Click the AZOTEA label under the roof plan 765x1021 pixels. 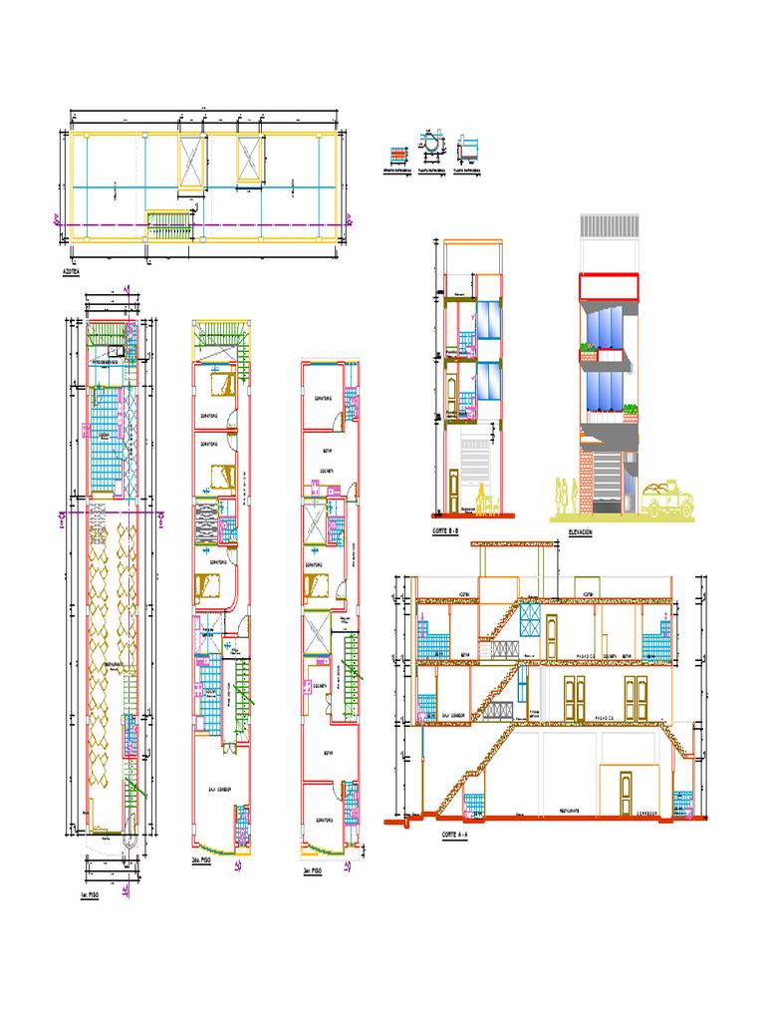(72, 270)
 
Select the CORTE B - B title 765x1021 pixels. (444, 532)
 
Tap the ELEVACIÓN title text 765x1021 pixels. (580, 533)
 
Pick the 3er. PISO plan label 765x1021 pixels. (313, 870)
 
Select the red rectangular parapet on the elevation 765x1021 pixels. (608, 286)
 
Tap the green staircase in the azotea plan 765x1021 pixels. (170, 223)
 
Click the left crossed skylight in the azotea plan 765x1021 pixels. (190, 160)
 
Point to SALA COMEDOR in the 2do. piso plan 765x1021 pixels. (219, 788)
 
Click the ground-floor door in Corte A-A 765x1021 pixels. (625, 793)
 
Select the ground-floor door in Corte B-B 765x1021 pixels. (455, 492)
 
